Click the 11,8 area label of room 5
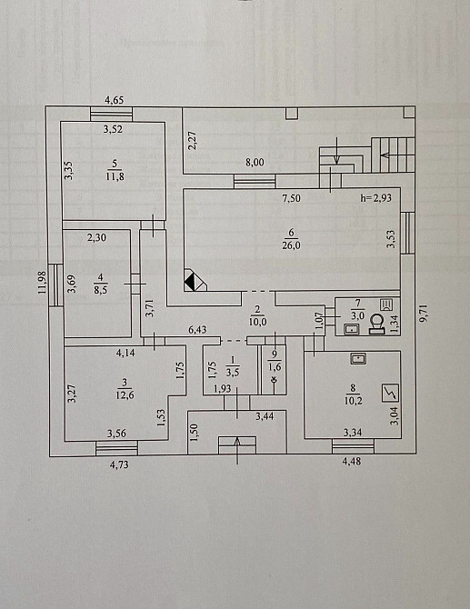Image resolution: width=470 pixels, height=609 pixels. click(115, 177)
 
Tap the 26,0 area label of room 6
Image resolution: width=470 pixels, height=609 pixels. click(291, 245)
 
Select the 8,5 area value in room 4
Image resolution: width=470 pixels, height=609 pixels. click(101, 290)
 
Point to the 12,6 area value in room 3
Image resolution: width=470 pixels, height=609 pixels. click(125, 395)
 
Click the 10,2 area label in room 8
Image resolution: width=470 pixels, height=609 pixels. click(353, 400)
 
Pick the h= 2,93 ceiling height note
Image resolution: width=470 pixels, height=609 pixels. click(375, 198)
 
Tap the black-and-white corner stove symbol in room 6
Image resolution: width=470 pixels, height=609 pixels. click(195, 279)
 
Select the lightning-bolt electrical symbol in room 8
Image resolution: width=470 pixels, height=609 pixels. click(390, 394)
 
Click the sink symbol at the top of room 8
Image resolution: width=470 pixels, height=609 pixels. click(358, 358)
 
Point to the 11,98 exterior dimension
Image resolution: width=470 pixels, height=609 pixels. click(43, 283)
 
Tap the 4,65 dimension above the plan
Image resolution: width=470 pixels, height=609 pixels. click(115, 100)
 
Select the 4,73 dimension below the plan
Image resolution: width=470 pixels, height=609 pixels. click(119, 464)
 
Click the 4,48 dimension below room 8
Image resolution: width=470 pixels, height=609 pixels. click(352, 461)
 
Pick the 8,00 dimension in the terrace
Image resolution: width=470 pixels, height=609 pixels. click(255, 163)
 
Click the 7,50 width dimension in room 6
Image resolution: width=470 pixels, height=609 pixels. click(291, 198)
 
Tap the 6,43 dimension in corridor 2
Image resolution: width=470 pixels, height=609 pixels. click(197, 330)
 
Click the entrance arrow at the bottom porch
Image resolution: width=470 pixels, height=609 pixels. click(237, 450)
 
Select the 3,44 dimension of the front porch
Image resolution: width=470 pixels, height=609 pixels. click(265, 416)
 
